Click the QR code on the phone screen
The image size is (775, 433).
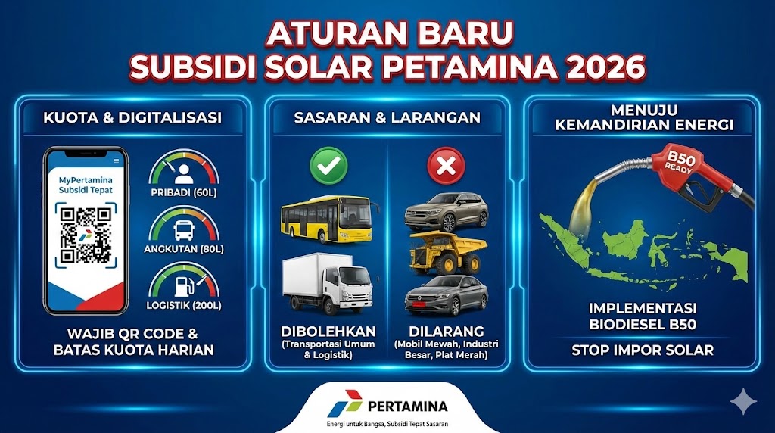tap(86, 235)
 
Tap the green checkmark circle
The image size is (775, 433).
tap(328, 166)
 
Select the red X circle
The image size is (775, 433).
tap(447, 166)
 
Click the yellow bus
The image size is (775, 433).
tap(328, 219)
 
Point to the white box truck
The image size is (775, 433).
tap(327, 283)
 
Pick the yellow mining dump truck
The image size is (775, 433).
tap(447, 253)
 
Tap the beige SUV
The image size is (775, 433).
tap(447, 212)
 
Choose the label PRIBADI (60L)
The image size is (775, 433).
tap(184, 192)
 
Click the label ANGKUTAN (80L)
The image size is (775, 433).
tap(184, 248)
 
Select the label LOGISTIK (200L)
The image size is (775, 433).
tap(184, 306)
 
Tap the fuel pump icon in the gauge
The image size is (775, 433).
tap(183, 286)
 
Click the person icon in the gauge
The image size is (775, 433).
tap(184, 174)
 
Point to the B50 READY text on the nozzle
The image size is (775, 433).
tap(680, 162)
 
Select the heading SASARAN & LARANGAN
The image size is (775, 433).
tap(387, 117)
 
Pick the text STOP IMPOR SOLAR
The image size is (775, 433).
tap(643, 350)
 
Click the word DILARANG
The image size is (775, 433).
tap(447, 331)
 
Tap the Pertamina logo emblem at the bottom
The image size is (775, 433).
tap(345, 403)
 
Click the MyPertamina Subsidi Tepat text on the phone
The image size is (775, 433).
tap(86, 185)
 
